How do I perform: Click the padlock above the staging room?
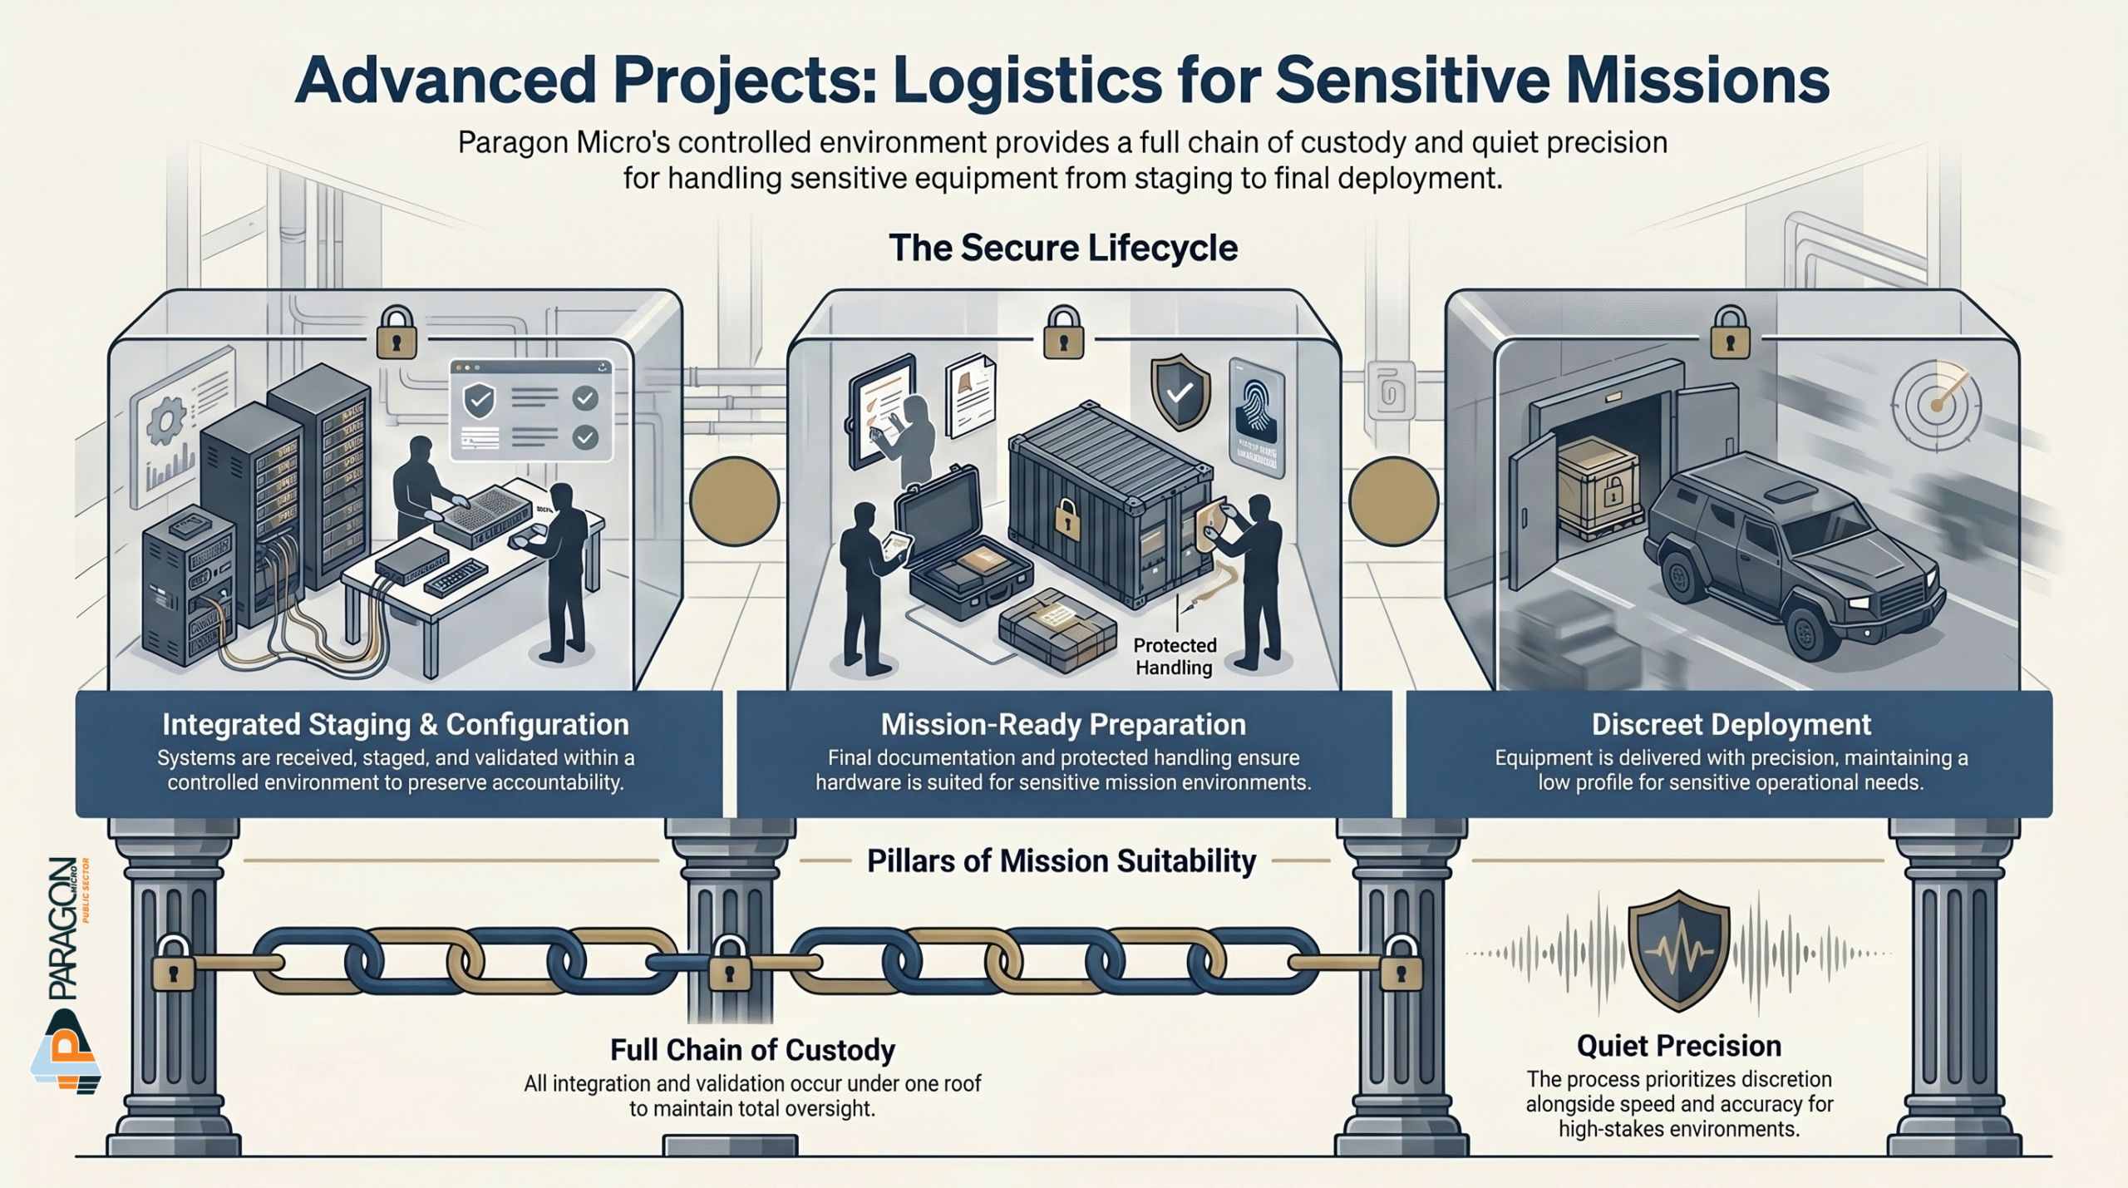[397, 333]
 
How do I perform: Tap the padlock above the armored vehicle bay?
[1730, 333]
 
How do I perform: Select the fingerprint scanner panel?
[1256, 417]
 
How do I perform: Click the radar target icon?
[1937, 405]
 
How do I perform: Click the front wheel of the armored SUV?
[1808, 632]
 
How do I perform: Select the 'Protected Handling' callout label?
[1175, 657]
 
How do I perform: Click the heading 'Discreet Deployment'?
[1731, 725]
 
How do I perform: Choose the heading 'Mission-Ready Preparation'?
[1063, 725]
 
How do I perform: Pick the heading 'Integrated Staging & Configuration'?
[396, 725]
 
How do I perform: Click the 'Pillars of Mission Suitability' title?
[1062, 861]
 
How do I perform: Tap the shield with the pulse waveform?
[1678, 950]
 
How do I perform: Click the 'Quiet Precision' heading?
[1678, 1046]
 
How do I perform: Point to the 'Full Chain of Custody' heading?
[752, 1050]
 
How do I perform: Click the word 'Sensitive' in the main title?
[1412, 81]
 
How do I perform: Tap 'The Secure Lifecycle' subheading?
[1063, 249]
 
